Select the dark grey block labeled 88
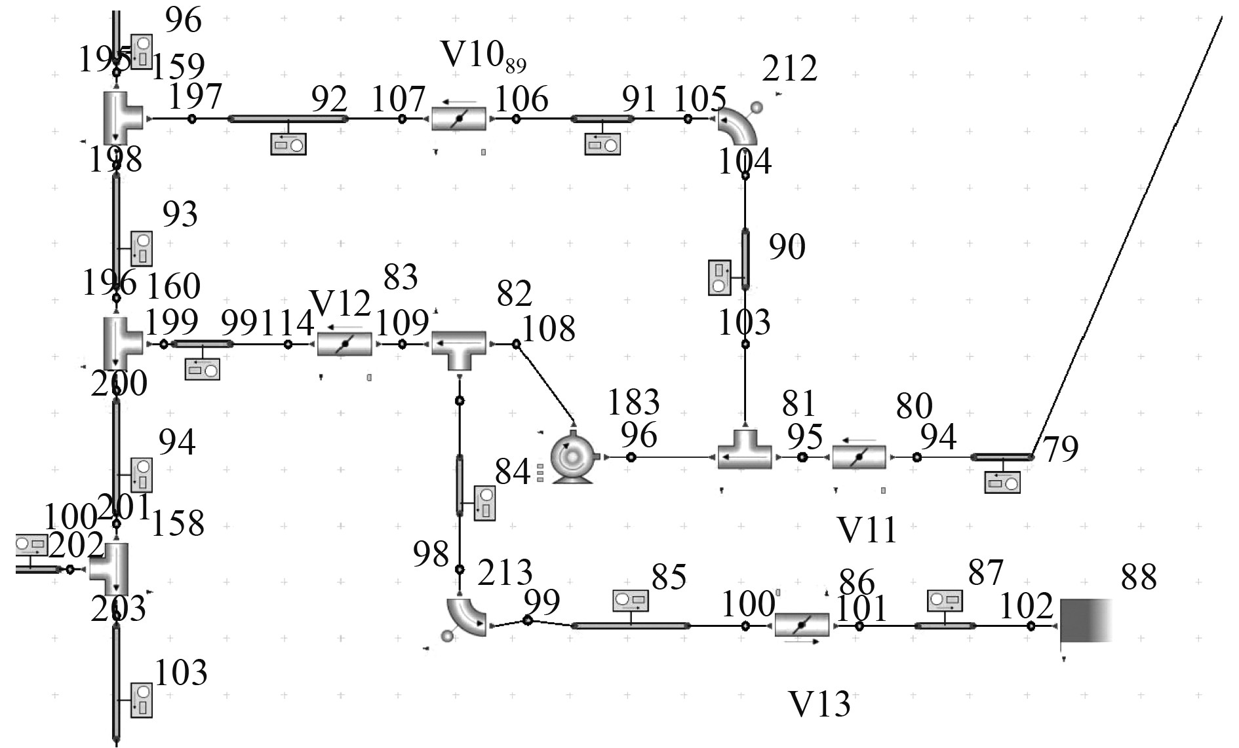tap(1086, 620)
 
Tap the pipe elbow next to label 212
tap(737, 126)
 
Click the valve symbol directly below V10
tap(459, 119)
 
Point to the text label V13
tap(819, 704)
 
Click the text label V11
tap(867, 530)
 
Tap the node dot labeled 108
tap(516, 343)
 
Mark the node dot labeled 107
tap(403, 119)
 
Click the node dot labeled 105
tap(688, 119)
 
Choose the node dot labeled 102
tap(1031, 626)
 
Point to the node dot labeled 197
tap(191, 119)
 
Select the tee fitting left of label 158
tap(109, 569)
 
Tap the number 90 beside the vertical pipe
tap(787, 247)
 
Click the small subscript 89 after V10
tap(516, 65)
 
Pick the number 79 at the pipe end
tap(1060, 449)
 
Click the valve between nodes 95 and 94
tap(859, 457)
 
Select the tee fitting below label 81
tap(745, 452)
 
